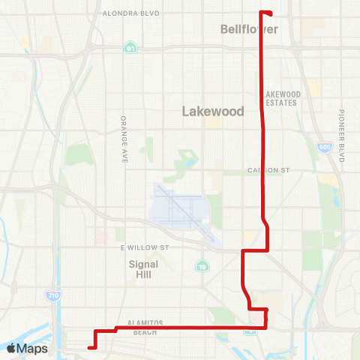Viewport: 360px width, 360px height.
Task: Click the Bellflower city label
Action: point(250,29)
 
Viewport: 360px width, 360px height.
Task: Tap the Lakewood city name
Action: point(214,111)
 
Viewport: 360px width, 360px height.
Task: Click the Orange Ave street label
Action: point(124,139)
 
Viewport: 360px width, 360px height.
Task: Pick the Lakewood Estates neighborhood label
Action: point(283,98)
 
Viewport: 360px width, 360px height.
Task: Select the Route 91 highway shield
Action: point(130,48)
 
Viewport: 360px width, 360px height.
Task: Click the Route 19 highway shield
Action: point(202,266)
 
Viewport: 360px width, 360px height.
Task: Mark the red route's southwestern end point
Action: point(89,347)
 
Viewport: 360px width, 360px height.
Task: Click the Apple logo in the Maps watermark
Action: point(12,348)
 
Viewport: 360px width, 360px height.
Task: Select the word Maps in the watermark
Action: point(33,348)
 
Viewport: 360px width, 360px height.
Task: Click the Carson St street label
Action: point(268,171)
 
